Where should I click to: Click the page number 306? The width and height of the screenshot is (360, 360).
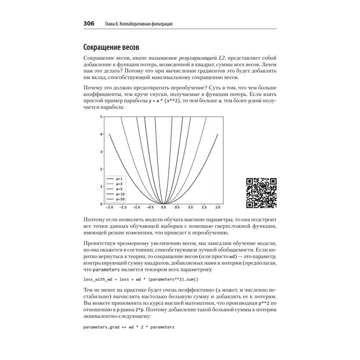click(x=89, y=24)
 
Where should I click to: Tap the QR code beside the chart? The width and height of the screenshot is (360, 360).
click(x=261, y=193)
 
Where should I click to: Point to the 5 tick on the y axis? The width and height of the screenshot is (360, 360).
click(x=102, y=117)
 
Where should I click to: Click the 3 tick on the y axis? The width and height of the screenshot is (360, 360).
click(x=102, y=152)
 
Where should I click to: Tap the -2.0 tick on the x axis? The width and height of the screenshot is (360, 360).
click(x=109, y=208)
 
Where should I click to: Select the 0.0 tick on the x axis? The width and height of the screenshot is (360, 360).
click(x=163, y=208)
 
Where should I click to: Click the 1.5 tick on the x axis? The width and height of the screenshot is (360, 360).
click(x=204, y=208)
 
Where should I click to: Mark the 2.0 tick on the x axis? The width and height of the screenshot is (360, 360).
click(x=218, y=208)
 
